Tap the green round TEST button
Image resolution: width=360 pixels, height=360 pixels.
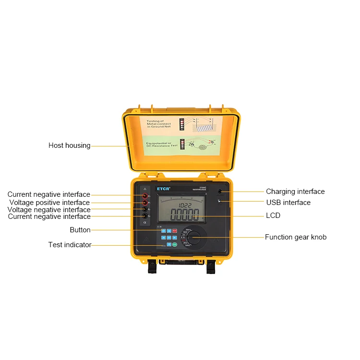175,245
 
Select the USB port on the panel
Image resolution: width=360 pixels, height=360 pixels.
219,202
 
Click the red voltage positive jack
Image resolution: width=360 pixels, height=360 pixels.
144,203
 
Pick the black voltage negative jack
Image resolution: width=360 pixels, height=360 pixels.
144,210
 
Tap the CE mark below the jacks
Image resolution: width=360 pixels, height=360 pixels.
145,223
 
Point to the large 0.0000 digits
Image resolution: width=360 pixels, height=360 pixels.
185,215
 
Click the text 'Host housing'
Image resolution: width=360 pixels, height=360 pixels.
69,145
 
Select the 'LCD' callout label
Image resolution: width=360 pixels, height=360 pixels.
273,216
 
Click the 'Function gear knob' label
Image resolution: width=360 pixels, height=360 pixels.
296,237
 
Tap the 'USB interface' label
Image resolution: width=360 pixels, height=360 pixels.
288,203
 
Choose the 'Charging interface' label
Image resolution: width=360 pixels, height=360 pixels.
295,192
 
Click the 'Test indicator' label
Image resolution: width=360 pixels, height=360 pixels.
70,245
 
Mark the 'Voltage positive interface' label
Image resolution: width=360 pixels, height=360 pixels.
49,203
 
